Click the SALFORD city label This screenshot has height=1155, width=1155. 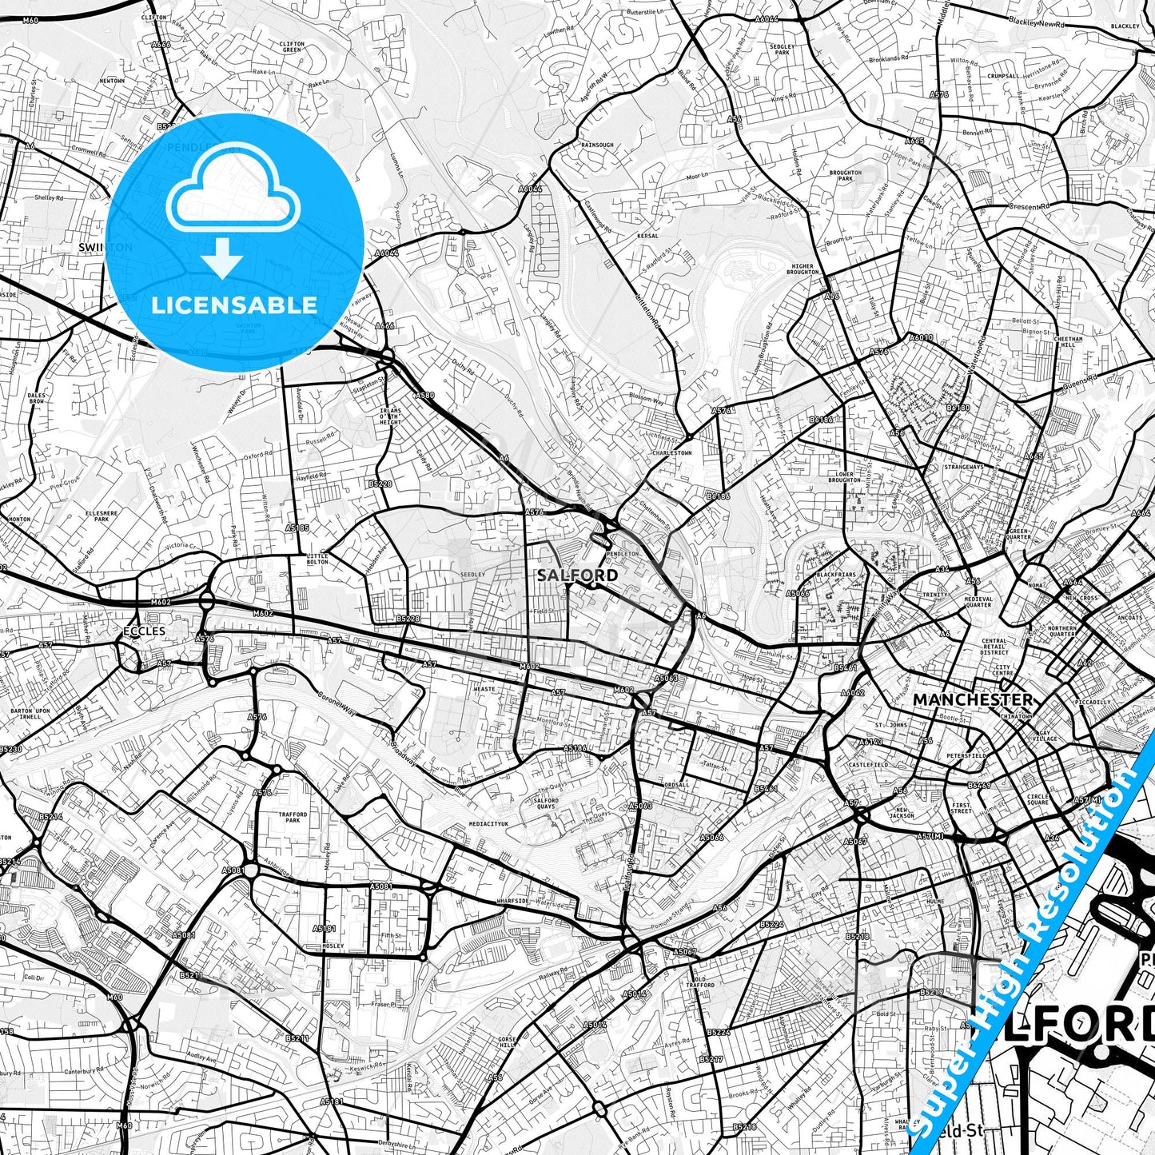(576, 575)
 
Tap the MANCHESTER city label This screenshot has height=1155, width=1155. (972, 699)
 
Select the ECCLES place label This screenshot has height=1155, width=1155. (144, 631)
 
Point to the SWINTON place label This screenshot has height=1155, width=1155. (106, 248)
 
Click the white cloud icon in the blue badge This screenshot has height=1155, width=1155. (233, 189)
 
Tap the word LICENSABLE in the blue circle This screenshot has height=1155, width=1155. (234, 305)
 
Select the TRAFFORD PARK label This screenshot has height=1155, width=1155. (293, 818)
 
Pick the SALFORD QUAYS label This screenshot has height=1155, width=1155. (547, 803)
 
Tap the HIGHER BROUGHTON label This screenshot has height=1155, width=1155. (803, 269)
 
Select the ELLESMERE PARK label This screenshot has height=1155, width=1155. (101, 516)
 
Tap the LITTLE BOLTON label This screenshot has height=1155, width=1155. (317, 558)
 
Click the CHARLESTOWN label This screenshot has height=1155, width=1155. (671, 452)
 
